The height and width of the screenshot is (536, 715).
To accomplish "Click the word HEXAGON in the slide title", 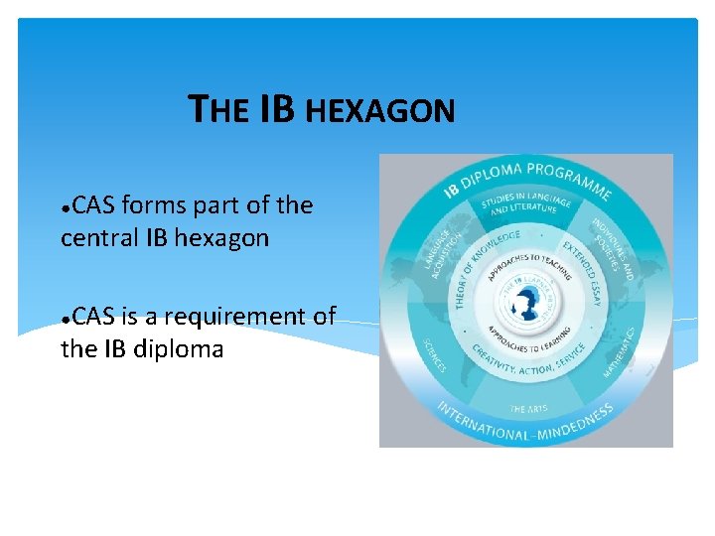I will point(379,111).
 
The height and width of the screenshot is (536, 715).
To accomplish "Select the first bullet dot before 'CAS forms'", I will point(65,208).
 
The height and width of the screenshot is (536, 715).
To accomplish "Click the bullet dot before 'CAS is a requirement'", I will point(65,320).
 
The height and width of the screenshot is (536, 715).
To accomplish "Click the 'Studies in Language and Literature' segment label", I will point(526,203).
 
